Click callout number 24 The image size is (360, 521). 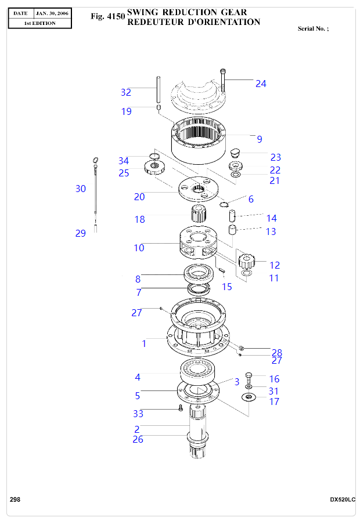(x=261, y=84)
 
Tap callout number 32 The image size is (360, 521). (x=126, y=92)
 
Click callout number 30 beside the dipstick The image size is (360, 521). (x=81, y=189)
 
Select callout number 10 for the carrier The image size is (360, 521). (x=139, y=248)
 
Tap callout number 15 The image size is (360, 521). (x=227, y=286)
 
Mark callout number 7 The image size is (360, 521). (x=139, y=292)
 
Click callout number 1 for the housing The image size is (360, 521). (x=144, y=343)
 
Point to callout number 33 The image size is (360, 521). (x=138, y=414)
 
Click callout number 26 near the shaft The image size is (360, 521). (x=138, y=439)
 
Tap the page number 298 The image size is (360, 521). (x=15, y=500)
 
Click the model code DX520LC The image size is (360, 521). (x=342, y=500)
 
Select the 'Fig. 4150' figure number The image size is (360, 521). (x=108, y=17)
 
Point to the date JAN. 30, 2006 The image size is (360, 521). (x=52, y=12)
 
